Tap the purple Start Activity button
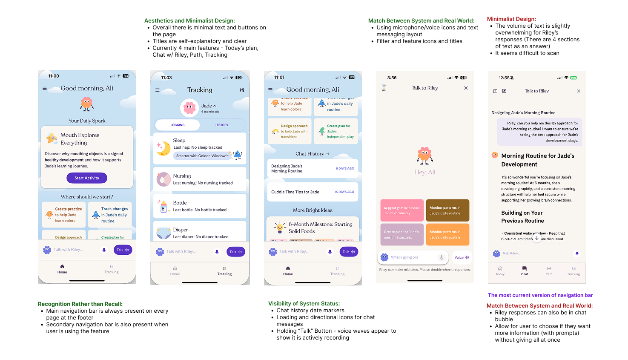pyautogui.click(x=87, y=178)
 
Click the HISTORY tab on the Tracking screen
pyautogui.click(x=222, y=125)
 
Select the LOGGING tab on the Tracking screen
pyautogui.click(x=178, y=125)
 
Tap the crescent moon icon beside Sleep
pyautogui.click(x=163, y=148)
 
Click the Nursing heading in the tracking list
pyautogui.click(x=182, y=176)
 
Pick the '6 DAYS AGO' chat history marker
pyautogui.click(x=345, y=169)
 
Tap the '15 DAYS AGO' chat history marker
pyautogui.click(x=344, y=192)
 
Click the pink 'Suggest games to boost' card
pyautogui.click(x=402, y=210)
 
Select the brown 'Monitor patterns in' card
pyautogui.click(x=447, y=210)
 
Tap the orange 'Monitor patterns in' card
pyautogui.click(x=447, y=234)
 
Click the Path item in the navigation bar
pyautogui.click(x=549, y=271)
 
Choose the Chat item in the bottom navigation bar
pyautogui.click(x=525, y=271)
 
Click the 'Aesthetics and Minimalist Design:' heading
pyautogui.click(x=189, y=20)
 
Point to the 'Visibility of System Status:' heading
pyautogui.click(x=304, y=303)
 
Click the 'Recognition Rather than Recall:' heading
pyautogui.click(x=80, y=304)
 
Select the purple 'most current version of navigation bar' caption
pyautogui.click(x=540, y=295)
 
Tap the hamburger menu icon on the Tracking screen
pyautogui.click(x=157, y=90)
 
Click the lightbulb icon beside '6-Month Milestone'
pyautogui.click(x=279, y=227)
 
